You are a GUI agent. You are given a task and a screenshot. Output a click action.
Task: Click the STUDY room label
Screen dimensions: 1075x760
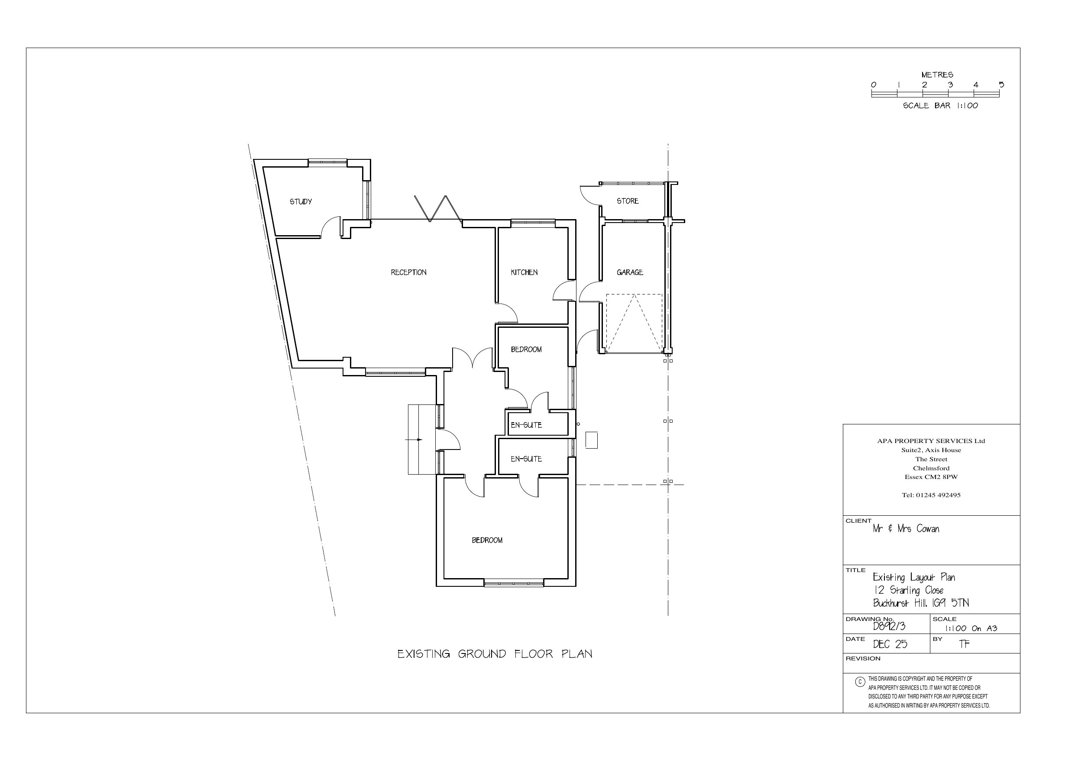301,202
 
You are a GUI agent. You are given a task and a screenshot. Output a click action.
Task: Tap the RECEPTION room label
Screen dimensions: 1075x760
409,272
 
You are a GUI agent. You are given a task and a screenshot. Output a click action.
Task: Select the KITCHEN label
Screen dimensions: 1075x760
525,272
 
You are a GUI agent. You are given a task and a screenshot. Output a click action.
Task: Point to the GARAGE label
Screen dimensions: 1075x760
630,272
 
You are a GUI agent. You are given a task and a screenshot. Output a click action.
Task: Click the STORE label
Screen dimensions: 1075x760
628,201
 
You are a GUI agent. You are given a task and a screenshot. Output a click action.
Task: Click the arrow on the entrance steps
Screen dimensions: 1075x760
414,440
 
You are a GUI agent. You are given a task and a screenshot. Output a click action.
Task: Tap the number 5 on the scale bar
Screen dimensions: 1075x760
1001,85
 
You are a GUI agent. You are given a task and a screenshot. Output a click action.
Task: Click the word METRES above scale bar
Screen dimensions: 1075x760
937,75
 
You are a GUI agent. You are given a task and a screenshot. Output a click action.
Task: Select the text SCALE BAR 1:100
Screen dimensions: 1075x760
941,106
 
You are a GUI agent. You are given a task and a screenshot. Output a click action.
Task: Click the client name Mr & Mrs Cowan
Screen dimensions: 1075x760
906,529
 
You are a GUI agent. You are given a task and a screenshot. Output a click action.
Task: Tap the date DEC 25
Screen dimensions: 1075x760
890,644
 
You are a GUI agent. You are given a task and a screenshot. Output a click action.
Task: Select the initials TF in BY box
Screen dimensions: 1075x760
965,644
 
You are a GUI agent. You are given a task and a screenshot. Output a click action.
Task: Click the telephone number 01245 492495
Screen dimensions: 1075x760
931,495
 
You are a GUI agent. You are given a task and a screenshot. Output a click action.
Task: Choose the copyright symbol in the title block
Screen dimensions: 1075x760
860,682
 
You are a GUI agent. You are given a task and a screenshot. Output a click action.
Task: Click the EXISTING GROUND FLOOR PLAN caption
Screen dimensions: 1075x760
495,654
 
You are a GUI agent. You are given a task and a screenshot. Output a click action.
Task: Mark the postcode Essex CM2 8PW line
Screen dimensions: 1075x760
931,477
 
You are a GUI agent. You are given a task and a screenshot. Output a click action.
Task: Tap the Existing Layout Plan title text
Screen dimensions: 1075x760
914,577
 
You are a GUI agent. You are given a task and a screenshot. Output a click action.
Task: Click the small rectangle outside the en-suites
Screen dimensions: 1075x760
592,440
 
